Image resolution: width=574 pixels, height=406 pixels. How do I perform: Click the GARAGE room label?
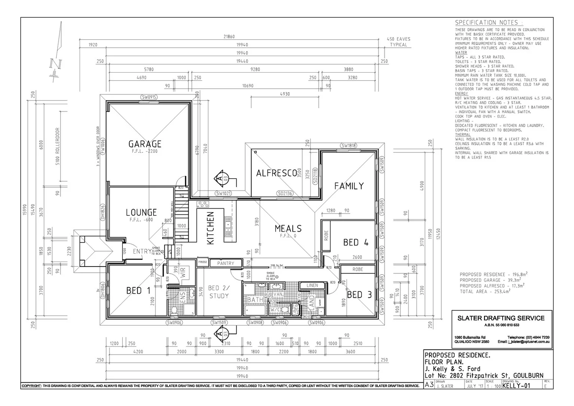[145, 144]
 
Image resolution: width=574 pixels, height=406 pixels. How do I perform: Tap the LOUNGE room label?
[141, 212]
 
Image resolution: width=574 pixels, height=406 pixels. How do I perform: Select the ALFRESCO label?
[276, 173]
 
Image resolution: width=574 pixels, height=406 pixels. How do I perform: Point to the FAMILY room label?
[349, 186]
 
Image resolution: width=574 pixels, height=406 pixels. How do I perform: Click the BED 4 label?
[356, 242]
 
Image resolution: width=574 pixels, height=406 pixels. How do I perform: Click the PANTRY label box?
[225, 264]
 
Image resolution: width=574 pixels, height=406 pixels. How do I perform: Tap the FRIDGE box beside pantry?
[203, 262]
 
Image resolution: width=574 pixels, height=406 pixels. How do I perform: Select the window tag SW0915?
[149, 97]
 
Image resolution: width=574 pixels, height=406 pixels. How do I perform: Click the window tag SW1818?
[349, 145]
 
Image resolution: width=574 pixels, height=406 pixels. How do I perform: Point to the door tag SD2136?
[285, 194]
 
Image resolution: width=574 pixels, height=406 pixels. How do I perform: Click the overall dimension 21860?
[229, 36]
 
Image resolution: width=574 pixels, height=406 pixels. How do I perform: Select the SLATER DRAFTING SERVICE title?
[501, 318]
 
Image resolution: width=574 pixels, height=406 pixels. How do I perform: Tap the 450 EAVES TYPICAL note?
[398, 42]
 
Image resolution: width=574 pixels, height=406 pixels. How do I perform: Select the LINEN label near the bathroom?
[312, 285]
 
